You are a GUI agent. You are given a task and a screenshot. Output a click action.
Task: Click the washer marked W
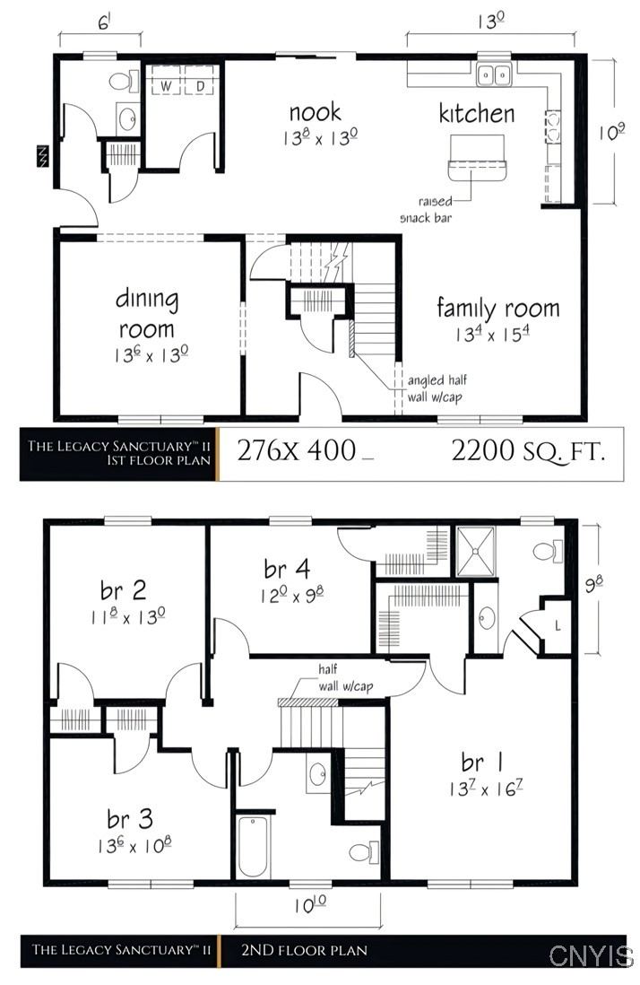point(165,85)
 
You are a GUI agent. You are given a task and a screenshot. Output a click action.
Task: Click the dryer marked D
point(200,85)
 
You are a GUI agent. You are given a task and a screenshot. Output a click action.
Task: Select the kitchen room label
point(476,114)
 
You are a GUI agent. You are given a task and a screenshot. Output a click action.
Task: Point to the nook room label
point(315,112)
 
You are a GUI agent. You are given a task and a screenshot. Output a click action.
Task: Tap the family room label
point(497,309)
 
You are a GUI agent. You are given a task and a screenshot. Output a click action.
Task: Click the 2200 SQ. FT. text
point(527,452)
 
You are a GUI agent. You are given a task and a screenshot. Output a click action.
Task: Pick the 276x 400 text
point(297,452)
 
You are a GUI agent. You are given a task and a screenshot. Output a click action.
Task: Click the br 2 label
point(124,590)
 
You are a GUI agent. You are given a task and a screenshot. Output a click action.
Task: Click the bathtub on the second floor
point(253,846)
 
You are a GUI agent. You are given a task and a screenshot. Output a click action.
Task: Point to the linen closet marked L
point(558,626)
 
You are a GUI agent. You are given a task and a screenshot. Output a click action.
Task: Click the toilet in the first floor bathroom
point(119,83)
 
